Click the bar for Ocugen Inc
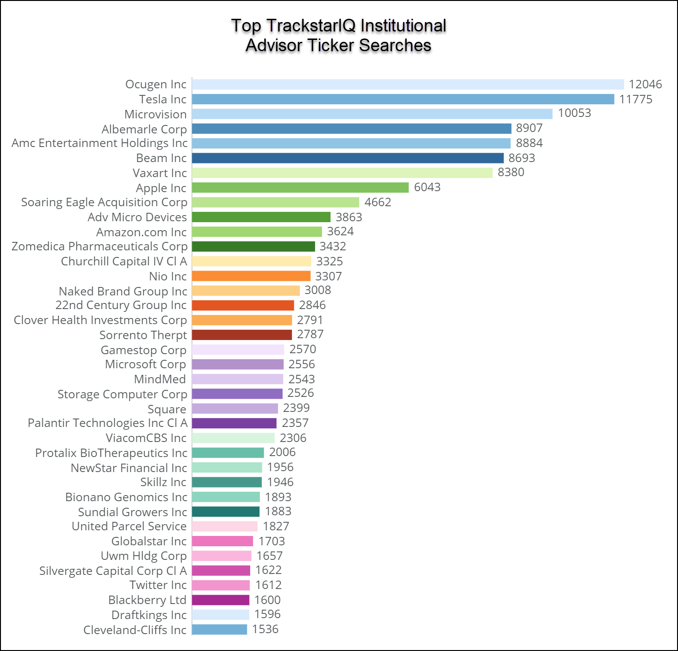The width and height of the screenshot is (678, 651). click(x=408, y=85)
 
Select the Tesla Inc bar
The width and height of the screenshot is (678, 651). click(x=403, y=99)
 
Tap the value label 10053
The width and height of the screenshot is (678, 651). click(x=574, y=113)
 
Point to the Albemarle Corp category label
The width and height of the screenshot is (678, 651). click(x=144, y=129)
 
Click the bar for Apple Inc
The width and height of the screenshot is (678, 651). click(x=300, y=188)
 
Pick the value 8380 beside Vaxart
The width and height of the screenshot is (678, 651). click(x=511, y=172)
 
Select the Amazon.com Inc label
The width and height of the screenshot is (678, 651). click(x=142, y=232)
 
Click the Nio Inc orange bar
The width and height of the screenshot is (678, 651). click(x=251, y=276)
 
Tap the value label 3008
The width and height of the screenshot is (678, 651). click(x=317, y=290)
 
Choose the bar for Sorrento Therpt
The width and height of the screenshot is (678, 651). click(x=242, y=335)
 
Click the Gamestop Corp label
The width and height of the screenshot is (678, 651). click(x=143, y=350)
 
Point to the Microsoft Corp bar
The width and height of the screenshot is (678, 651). click(x=237, y=364)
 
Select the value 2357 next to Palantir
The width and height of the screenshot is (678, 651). click(x=295, y=423)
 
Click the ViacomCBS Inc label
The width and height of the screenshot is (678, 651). click(x=146, y=438)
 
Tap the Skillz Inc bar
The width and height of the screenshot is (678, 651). click(x=227, y=482)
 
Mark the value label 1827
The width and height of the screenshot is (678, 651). click(x=276, y=527)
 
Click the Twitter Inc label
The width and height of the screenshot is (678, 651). click(x=158, y=585)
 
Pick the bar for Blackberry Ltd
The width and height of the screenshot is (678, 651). click(x=221, y=600)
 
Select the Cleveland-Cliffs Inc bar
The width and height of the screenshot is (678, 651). click(x=219, y=629)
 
